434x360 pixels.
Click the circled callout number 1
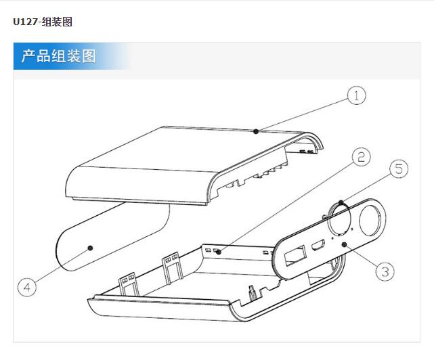point(356,96)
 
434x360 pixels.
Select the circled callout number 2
point(361,158)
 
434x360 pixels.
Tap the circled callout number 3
point(384,272)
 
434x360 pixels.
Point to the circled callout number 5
point(398,169)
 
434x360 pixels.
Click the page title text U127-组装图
point(42,22)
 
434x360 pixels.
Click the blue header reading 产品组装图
point(59,56)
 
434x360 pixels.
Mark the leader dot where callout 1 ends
point(256,131)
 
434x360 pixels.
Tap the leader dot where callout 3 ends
point(344,244)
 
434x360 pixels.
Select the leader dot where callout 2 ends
point(218,252)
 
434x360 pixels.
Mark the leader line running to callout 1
point(305,114)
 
